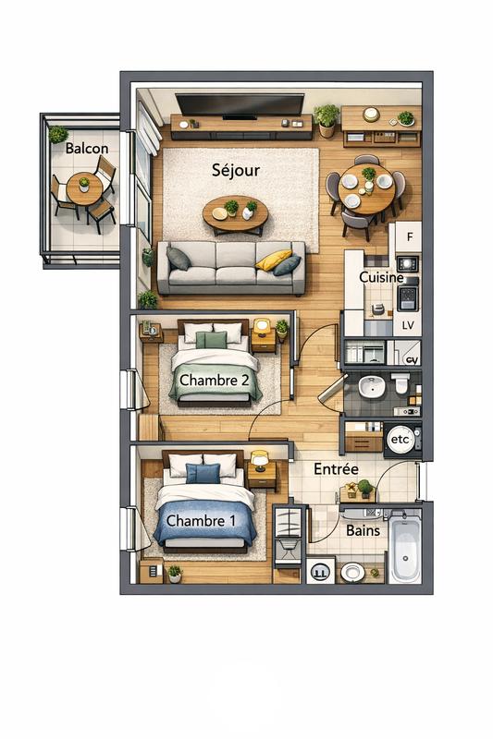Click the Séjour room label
(236, 170)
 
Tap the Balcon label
(87, 149)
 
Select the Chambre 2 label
(215, 380)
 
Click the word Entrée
(336, 469)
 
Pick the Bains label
(362, 531)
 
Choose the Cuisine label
(381, 277)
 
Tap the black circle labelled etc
(401, 441)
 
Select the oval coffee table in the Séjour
(235, 214)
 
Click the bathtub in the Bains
(404, 551)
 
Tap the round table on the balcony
(84, 188)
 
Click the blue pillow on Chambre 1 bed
(203, 474)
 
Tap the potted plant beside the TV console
(326, 117)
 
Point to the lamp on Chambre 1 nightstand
(260, 458)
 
